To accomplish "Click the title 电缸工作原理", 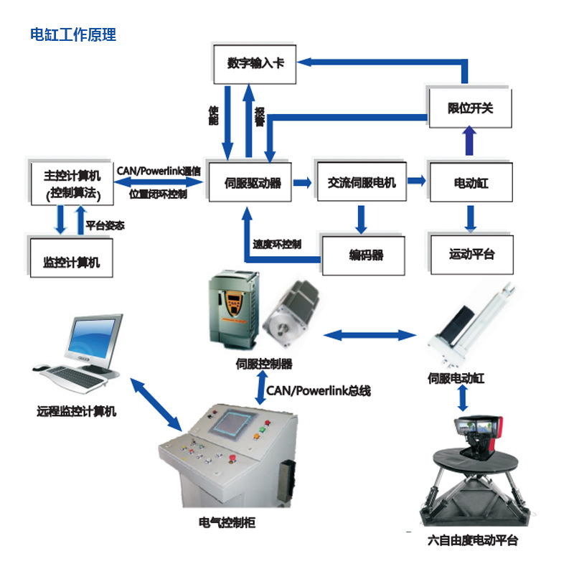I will pos(72,34).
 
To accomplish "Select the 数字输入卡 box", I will pos(255,63).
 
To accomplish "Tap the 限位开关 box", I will pos(471,108).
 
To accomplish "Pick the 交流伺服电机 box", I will pos(362,182).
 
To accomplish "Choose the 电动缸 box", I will pos(471,183).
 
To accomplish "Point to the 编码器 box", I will pos(366,255).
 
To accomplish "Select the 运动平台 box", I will pos(471,254).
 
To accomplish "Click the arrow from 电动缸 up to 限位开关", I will pos(469,141).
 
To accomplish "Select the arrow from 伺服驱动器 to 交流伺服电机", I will pos(302,183).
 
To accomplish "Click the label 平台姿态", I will pos(105,225).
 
